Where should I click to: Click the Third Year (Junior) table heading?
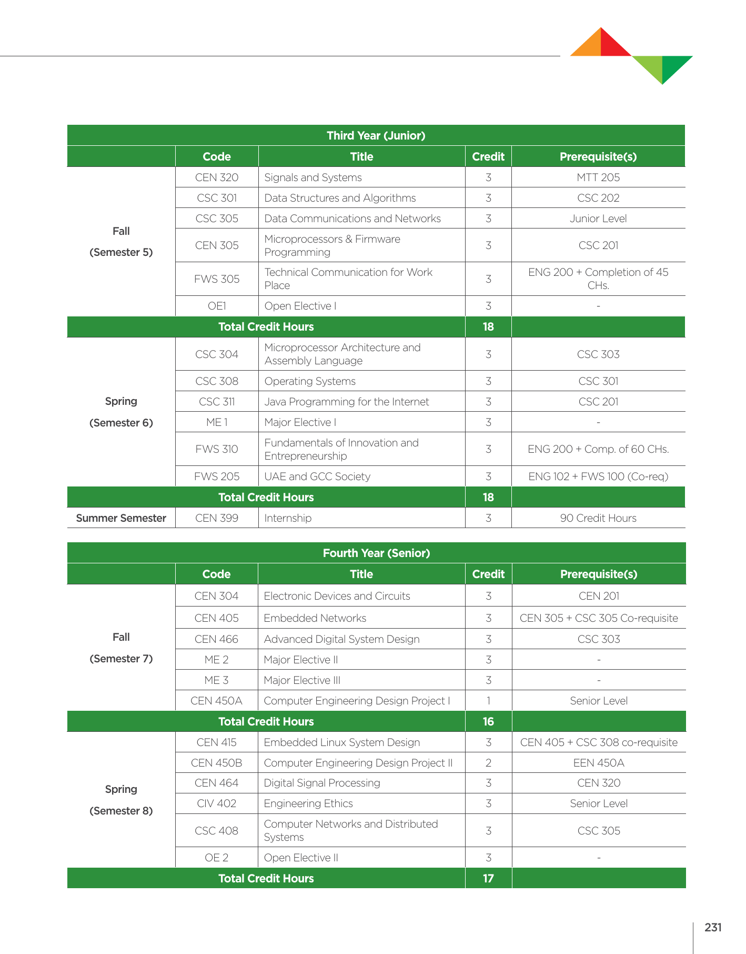(376, 135)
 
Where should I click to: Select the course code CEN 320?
(217, 177)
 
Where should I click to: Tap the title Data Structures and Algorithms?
(340, 198)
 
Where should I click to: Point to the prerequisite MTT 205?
(598, 177)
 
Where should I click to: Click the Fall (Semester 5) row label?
(121, 242)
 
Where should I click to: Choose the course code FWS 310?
(217, 449)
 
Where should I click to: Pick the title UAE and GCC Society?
(317, 476)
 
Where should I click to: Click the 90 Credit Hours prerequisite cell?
(598, 518)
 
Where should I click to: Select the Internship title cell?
(288, 518)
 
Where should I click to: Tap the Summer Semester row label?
(121, 518)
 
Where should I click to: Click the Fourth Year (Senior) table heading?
(376, 553)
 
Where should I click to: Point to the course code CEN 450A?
(216, 701)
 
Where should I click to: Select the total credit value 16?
(488, 721)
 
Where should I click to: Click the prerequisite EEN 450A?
(599, 763)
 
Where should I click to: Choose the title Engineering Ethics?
(308, 803)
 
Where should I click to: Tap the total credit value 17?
(488, 878)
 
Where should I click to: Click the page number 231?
(713, 928)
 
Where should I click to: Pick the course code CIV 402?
(216, 803)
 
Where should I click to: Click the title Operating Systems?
(310, 381)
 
